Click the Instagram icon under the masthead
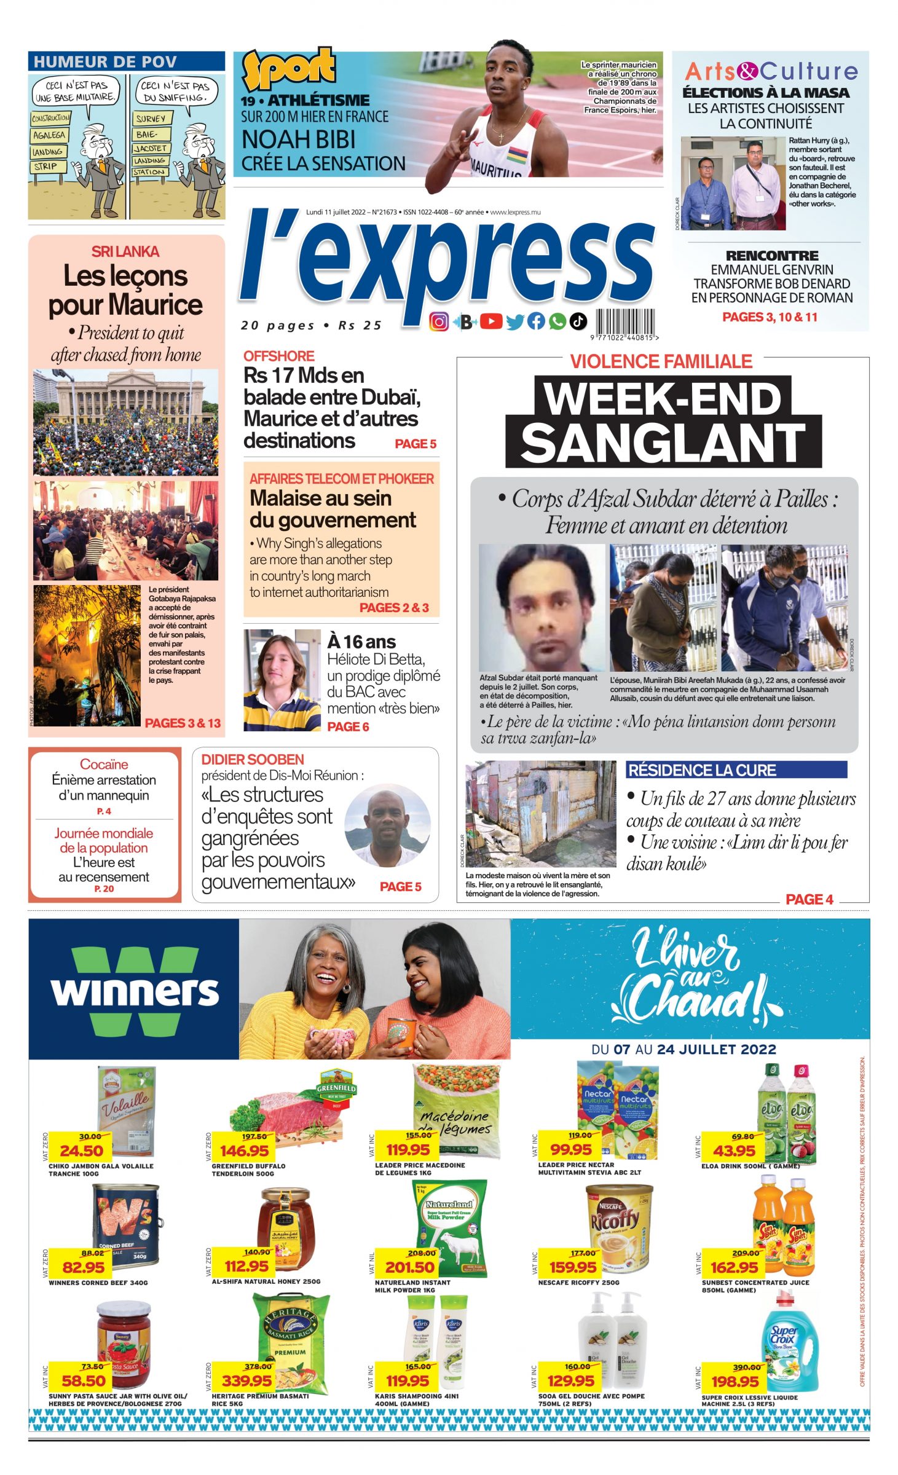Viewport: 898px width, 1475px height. pos(438,321)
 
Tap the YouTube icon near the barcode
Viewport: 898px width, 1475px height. pos(491,321)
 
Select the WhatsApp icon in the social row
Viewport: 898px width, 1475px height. pos(557,321)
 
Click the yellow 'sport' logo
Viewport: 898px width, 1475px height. pos(288,68)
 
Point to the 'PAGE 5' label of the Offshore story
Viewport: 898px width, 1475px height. pos(415,444)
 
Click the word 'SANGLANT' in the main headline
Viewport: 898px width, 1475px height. pos(663,442)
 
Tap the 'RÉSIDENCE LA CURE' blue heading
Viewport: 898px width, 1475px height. pos(702,770)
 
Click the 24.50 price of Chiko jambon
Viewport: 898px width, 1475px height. pos(81,1150)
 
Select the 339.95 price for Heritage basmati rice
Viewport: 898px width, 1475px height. pos(246,1380)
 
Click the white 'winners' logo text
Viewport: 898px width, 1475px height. pos(135,990)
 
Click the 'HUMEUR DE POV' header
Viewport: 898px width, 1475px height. pos(105,62)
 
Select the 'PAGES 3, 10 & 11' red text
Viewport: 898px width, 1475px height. pos(770,317)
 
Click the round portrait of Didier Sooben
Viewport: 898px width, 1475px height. pos(387,825)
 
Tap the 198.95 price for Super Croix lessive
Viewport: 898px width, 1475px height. pos(735,1382)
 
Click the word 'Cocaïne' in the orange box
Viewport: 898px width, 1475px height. pos(104,765)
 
